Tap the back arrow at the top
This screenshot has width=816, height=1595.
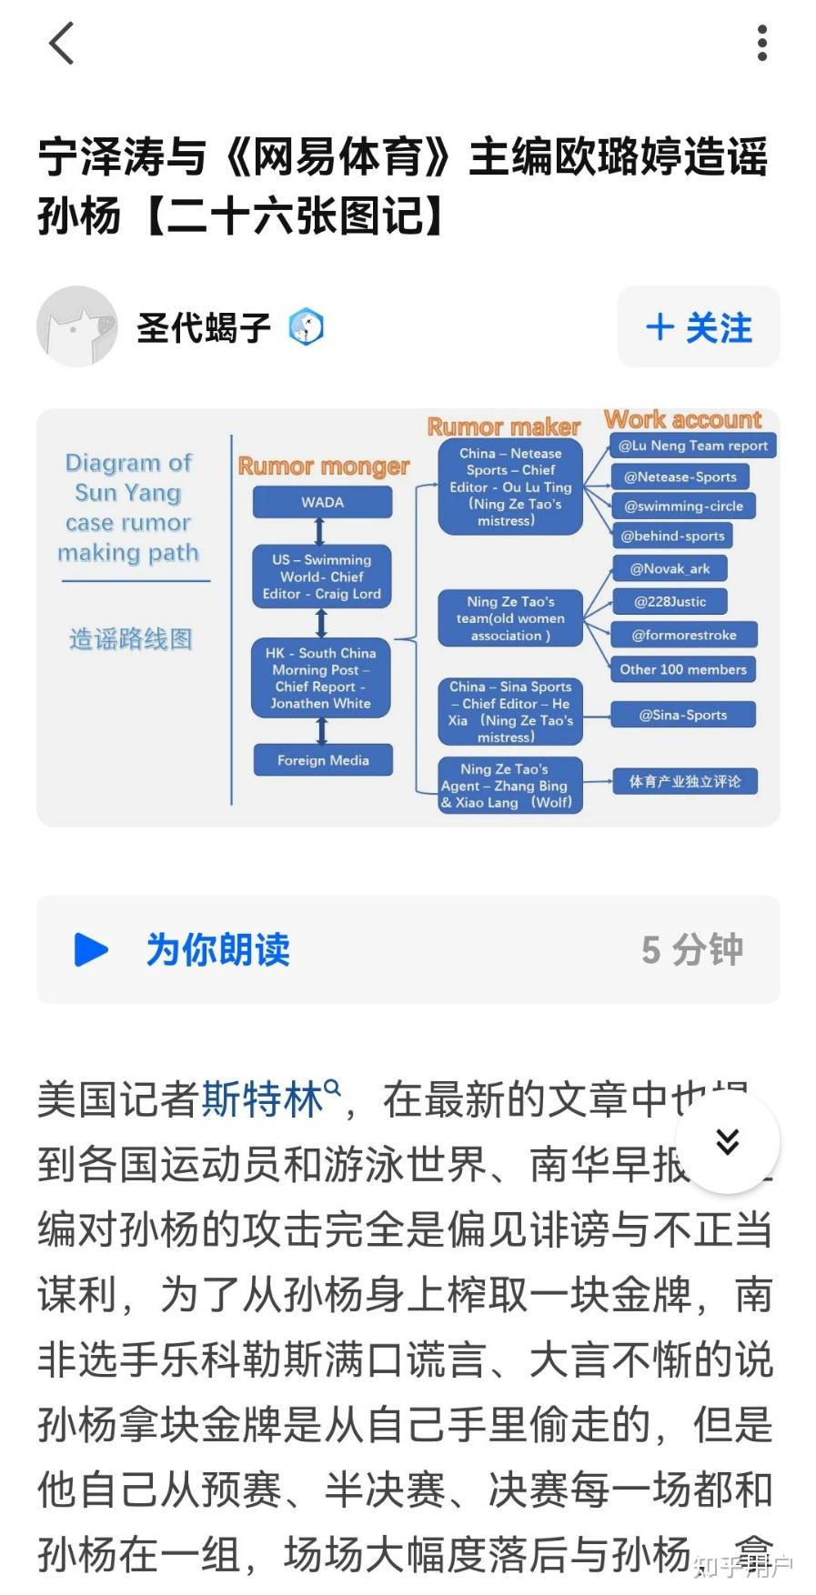click(x=61, y=44)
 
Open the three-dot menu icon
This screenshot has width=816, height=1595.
click(x=762, y=44)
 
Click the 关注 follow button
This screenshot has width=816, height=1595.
click(x=698, y=327)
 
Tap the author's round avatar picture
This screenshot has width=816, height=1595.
click(x=77, y=326)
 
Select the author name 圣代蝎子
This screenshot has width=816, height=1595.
click(x=204, y=327)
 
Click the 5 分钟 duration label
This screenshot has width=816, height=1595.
click(x=691, y=950)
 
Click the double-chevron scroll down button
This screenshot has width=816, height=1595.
click(x=727, y=1141)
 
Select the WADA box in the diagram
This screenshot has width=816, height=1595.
click(x=322, y=502)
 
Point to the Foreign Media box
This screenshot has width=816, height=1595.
click(x=323, y=760)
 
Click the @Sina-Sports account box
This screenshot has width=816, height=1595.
click(x=682, y=715)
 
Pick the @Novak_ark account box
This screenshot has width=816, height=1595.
click(x=670, y=568)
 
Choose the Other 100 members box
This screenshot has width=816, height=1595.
click(x=682, y=669)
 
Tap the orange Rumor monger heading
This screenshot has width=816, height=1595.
click(x=323, y=466)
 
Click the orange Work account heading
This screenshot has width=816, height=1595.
click(x=682, y=420)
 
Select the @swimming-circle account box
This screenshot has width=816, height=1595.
click(x=683, y=506)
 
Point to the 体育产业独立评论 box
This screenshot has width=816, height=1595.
click(x=684, y=781)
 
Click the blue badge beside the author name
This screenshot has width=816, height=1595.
click(x=306, y=327)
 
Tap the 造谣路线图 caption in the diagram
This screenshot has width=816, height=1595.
click(x=131, y=639)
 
